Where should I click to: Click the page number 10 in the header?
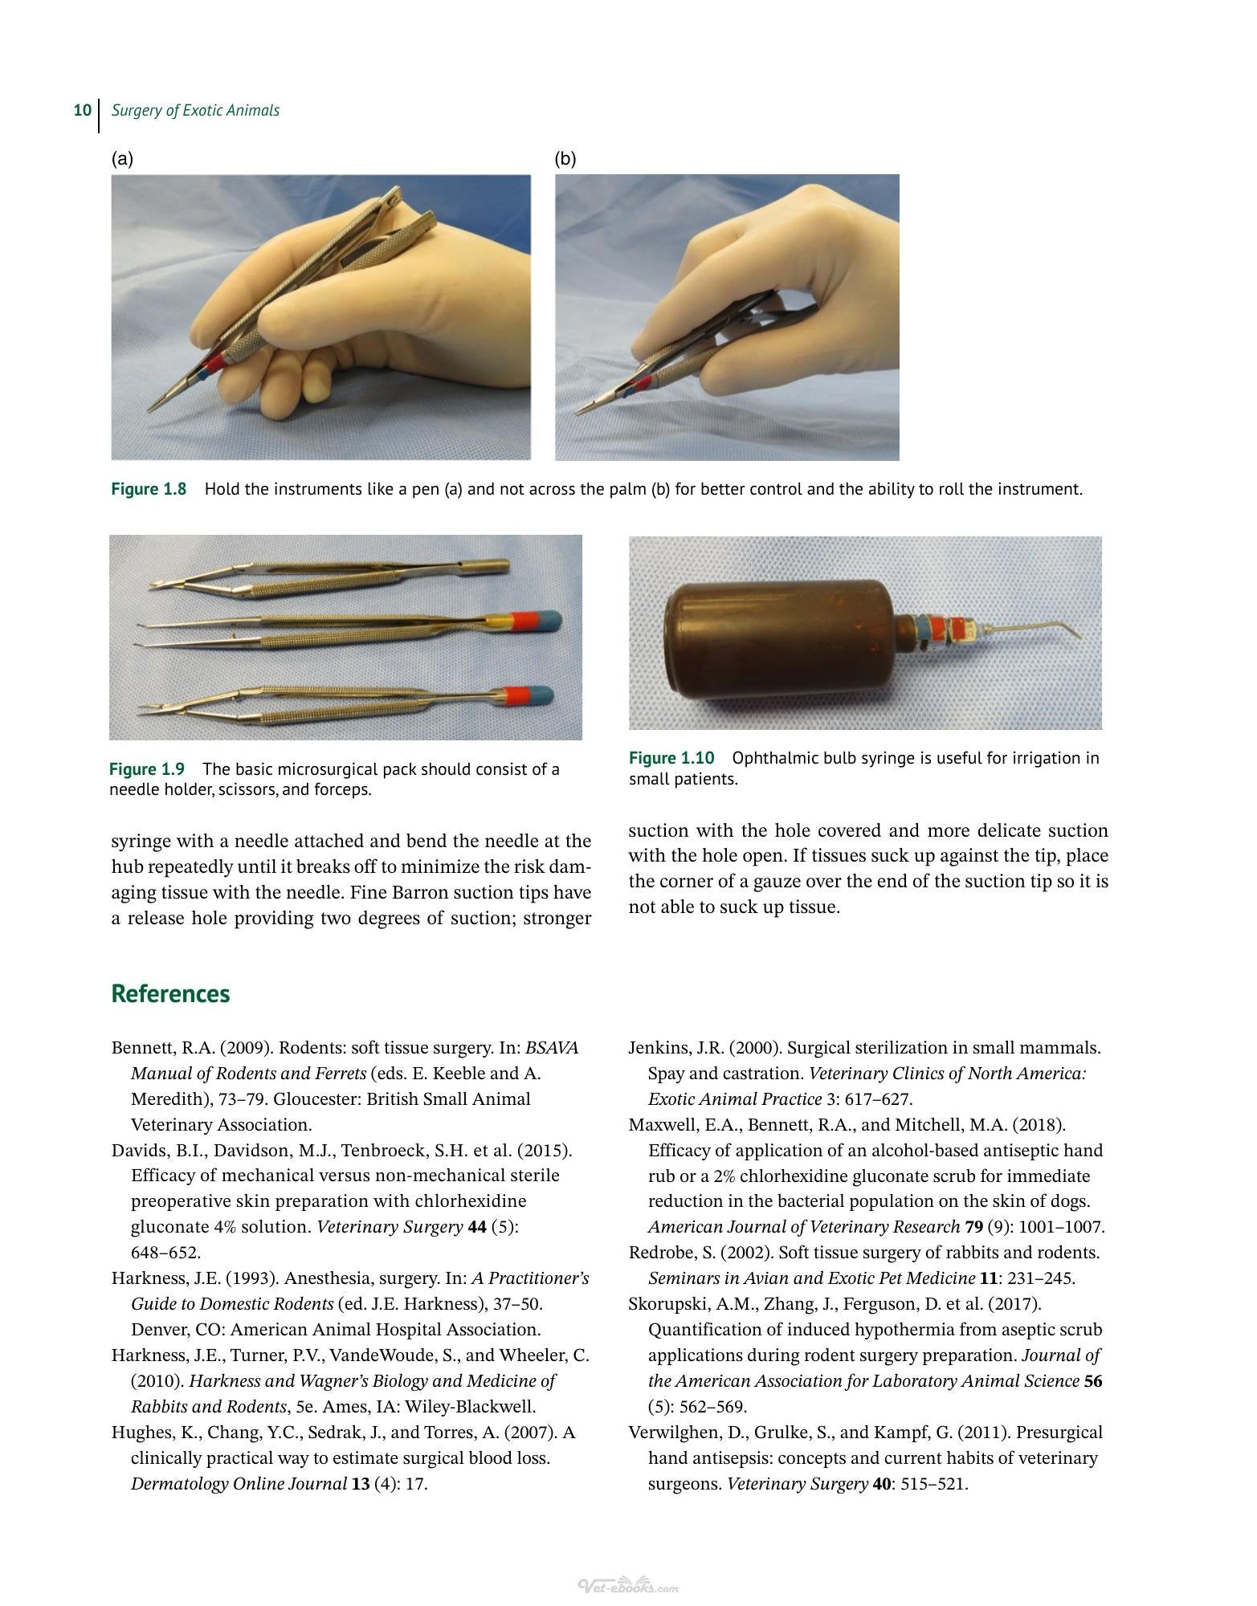(82, 110)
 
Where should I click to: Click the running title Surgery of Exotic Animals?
(195, 111)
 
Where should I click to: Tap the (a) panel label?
(122, 159)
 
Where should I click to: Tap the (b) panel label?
(565, 159)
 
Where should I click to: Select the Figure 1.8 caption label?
(149, 489)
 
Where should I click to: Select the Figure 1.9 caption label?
(147, 769)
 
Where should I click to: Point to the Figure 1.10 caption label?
(671, 758)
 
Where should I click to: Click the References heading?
(170, 993)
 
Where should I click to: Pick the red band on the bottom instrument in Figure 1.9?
(516, 695)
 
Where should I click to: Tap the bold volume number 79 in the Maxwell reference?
(973, 1227)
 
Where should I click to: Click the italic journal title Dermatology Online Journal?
(239, 1484)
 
